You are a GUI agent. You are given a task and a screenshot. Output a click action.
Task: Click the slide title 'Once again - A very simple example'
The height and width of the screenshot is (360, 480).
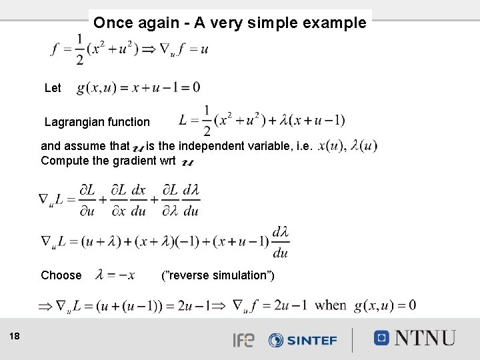coord(230,23)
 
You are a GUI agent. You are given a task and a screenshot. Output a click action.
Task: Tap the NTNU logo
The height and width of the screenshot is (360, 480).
coord(414,337)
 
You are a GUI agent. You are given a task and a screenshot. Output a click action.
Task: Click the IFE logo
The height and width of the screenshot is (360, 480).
coord(243,340)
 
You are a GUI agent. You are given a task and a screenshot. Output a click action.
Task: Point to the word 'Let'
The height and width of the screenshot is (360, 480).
coord(53,88)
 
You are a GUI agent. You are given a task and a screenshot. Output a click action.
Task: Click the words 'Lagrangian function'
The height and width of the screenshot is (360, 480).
coord(97,122)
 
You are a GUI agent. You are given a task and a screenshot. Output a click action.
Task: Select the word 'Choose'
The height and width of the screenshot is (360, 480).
coord(61,275)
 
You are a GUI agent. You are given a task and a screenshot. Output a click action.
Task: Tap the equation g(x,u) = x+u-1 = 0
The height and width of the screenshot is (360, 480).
coord(138,87)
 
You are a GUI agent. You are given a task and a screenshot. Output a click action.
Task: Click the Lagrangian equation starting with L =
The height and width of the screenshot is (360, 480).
coord(262,121)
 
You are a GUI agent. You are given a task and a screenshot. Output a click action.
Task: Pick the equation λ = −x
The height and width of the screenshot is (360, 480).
coord(116,275)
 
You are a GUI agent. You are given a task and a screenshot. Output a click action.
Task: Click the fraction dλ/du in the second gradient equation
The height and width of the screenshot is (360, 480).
coord(281,242)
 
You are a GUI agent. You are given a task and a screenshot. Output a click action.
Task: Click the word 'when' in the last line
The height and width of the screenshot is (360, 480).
coord(331,305)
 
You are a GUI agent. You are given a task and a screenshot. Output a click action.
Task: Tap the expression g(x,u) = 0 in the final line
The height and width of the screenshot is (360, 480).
coord(385,305)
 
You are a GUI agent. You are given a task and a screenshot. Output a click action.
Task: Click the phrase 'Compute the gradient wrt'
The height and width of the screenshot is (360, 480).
coord(108,160)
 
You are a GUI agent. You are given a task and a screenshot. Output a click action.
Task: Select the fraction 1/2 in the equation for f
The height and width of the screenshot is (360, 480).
coord(80,50)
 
